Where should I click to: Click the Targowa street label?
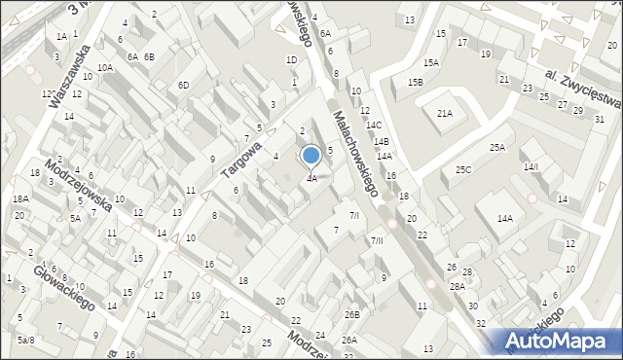click(x=241, y=159)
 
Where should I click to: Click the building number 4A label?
click(x=311, y=179)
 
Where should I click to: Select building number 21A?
click(x=445, y=114)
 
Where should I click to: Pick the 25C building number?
click(x=463, y=170)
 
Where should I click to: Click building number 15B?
click(x=416, y=83)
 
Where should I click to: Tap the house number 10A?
click(x=105, y=67)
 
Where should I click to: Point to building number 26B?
click(x=352, y=314)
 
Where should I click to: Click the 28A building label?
click(x=457, y=287)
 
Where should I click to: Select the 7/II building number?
click(x=377, y=240)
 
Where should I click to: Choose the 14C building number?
click(x=374, y=126)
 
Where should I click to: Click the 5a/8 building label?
click(x=25, y=340)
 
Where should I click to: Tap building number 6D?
click(x=183, y=86)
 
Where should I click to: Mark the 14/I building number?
click(x=531, y=167)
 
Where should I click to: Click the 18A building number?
click(x=20, y=199)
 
